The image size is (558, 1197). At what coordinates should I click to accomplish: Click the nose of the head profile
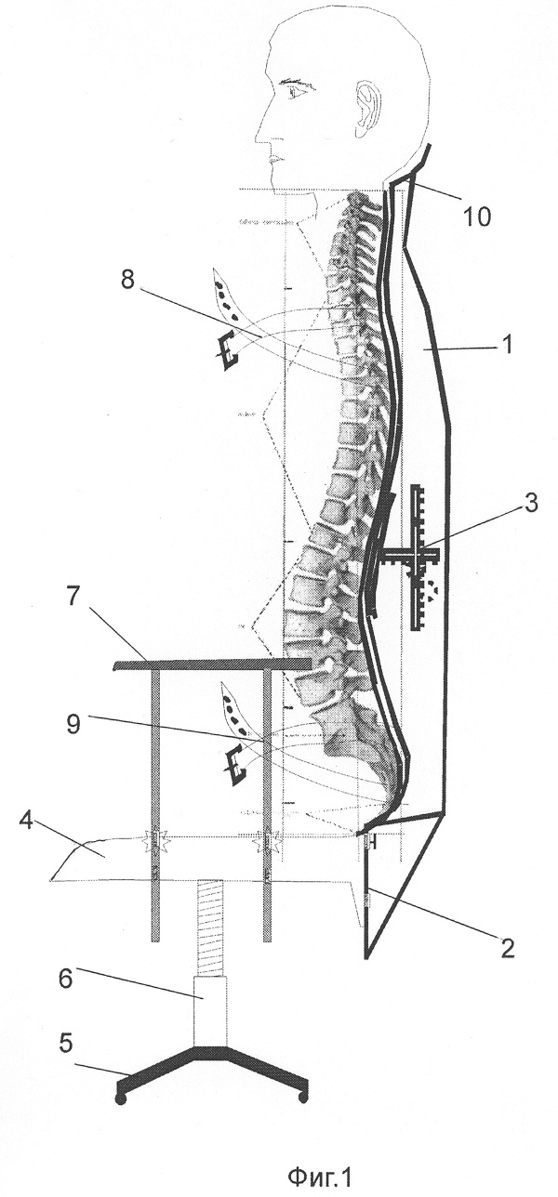(x=260, y=127)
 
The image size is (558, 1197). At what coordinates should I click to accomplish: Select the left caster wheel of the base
(x=120, y=1099)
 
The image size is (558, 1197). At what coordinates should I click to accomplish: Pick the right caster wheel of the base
(x=302, y=1098)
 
